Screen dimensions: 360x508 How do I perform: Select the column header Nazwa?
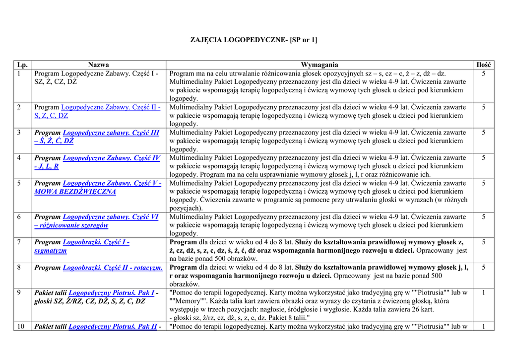pyautogui.click(x=98, y=65)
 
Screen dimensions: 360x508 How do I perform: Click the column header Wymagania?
pyautogui.click(x=319, y=65)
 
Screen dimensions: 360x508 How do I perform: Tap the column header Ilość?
pyautogui.click(x=483, y=65)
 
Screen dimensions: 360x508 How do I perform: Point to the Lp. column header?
pyautogui.click(x=22, y=65)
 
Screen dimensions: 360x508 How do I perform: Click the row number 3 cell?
pyautogui.click(x=19, y=133)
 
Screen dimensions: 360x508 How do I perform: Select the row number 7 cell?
pyautogui.click(x=19, y=242)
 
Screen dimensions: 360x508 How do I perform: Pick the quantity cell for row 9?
pyautogui.click(x=483, y=292)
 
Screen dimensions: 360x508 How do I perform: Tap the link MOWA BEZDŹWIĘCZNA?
pyautogui.click(x=75, y=192)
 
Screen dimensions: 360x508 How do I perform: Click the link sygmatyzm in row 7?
pyautogui.click(x=51, y=251)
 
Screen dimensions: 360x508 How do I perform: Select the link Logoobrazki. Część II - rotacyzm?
pyautogui.click(x=113, y=268)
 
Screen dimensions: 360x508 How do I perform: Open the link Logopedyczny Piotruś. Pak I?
pyautogui.click(x=111, y=292)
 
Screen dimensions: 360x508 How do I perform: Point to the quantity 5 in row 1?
pyautogui.click(x=483, y=73)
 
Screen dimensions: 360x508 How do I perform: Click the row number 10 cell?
pyautogui.click(x=21, y=326)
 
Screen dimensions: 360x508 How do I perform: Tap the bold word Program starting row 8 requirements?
pyautogui.click(x=183, y=268)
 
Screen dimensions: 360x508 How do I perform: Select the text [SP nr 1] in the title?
pyautogui.click(x=304, y=40)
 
